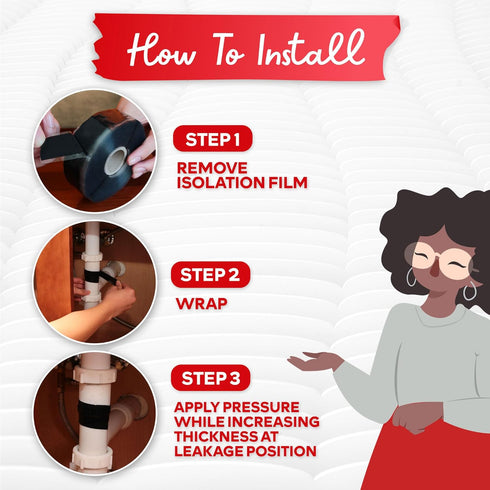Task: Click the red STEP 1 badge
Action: click(x=213, y=139)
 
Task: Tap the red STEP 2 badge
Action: click(x=210, y=275)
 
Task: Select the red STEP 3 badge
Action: click(x=211, y=378)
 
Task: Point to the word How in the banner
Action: click(x=161, y=51)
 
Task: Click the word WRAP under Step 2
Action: click(x=202, y=304)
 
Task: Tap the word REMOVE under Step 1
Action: click(x=212, y=168)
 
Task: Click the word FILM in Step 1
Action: click(x=288, y=183)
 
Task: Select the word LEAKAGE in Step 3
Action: click(x=208, y=451)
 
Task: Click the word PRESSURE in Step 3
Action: click(x=261, y=407)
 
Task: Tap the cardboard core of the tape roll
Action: click(x=115, y=161)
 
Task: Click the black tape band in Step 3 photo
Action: click(x=94, y=414)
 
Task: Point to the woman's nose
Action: click(x=434, y=271)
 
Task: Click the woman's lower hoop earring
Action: click(x=470, y=291)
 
